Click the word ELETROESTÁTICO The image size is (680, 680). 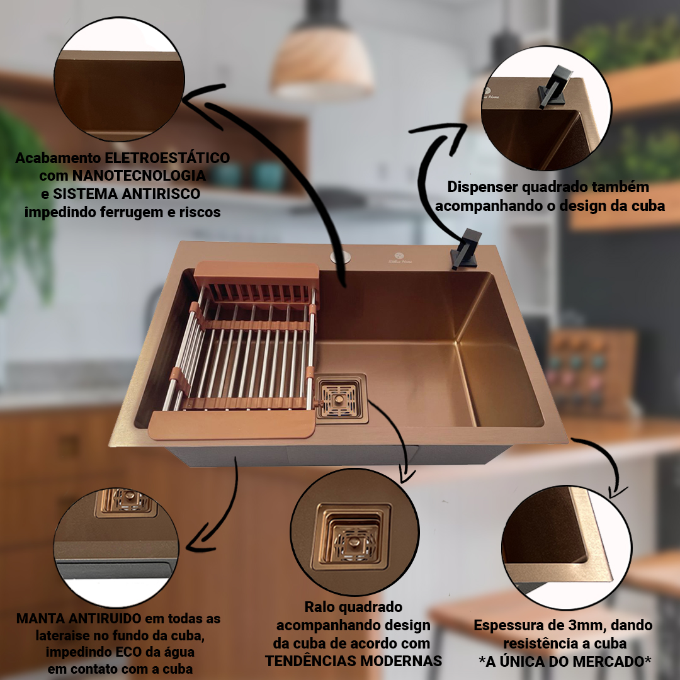coord(167,158)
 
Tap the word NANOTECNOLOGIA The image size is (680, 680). coord(139,176)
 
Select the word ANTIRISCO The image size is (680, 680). coord(162,194)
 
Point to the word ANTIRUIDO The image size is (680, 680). coord(105,618)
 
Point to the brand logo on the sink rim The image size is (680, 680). coord(400,258)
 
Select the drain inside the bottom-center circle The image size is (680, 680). coord(352,538)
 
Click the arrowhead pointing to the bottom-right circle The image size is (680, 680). coord(616,492)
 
